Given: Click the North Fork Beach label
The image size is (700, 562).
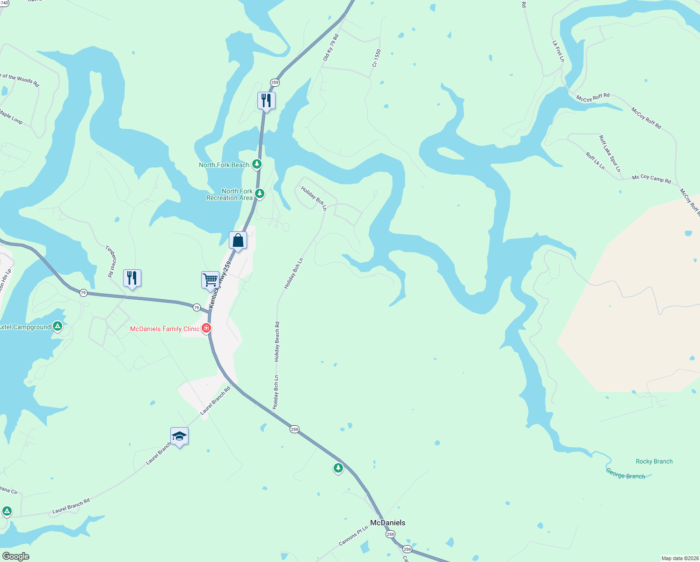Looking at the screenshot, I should [x=224, y=165].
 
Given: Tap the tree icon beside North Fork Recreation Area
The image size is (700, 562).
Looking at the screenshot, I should [x=260, y=193].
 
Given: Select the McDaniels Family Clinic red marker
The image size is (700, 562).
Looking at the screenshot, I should [x=206, y=328].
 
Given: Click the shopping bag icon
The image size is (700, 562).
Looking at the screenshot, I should [x=238, y=241].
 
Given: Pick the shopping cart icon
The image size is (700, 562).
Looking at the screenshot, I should [x=211, y=280].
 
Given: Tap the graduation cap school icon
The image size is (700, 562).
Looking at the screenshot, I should [x=179, y=436].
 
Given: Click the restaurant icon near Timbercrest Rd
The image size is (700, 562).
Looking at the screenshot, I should [x=132, y=278].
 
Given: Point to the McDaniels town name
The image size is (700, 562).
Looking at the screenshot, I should [x=387, y=523].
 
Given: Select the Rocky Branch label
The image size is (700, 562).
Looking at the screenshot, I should [x=654, y=461].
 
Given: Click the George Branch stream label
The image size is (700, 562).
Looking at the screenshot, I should [x=625, y=474].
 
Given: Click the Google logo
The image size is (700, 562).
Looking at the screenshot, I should [x=15, y=556].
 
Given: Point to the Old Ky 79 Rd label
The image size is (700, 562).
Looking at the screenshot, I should [x=331, y=47].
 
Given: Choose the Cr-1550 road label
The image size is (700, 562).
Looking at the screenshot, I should [x=377, y=58].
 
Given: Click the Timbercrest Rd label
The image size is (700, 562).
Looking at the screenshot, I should [x=110, y=262].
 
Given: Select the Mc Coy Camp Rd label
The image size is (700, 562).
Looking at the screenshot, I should [x=651, y=178].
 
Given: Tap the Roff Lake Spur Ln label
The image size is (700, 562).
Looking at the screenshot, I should [x=610, y=153].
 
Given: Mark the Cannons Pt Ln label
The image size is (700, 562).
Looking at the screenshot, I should [x=353, y=536].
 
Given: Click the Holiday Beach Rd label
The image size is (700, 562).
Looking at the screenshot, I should [x=277, y=341].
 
